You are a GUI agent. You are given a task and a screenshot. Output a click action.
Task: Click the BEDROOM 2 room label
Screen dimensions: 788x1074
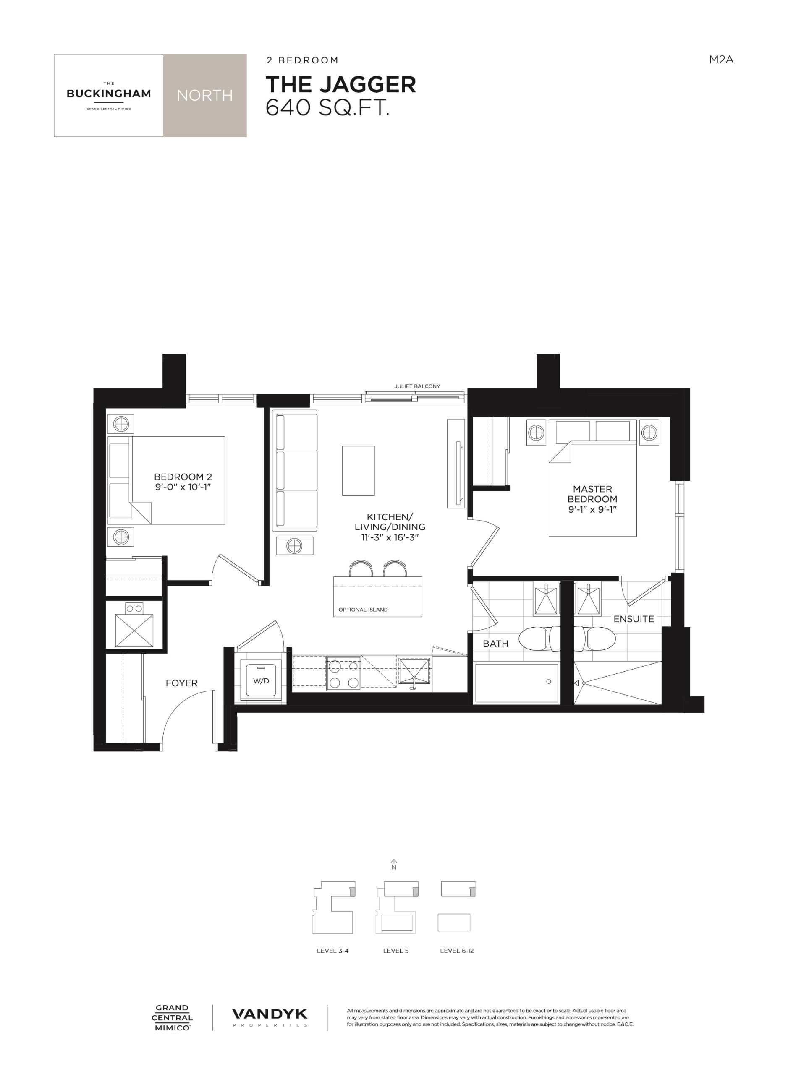(183, 477)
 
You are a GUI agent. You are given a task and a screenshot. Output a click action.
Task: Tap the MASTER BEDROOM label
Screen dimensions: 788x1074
(592, 494)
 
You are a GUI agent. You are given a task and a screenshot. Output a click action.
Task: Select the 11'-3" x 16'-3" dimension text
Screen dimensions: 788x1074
(390, 537)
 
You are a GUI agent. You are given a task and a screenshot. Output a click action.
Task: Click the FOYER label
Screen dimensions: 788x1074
(181, 683)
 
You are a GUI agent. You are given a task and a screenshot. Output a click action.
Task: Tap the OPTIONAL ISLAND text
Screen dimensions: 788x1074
(363, 609)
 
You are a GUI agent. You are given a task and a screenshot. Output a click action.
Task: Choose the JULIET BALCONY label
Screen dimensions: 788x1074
(417, 386)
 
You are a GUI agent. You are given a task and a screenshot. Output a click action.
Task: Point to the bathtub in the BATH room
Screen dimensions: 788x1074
(517, 683)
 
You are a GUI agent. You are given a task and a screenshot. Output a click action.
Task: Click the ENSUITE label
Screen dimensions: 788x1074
(634, 619)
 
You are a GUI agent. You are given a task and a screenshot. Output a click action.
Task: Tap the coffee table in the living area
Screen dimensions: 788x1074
(358, 470)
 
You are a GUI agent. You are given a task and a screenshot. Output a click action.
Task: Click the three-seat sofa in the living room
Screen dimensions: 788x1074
(295, 470)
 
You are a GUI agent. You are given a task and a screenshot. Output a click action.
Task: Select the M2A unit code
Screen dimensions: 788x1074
(721, 60)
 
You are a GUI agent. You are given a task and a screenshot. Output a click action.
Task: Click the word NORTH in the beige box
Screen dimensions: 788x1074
(204, 95)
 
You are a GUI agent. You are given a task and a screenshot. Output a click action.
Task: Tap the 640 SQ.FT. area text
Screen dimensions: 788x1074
(327, 108)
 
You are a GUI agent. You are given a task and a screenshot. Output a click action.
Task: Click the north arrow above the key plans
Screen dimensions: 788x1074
(394, 865)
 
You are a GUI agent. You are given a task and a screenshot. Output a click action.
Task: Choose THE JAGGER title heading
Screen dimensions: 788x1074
(340, 84)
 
